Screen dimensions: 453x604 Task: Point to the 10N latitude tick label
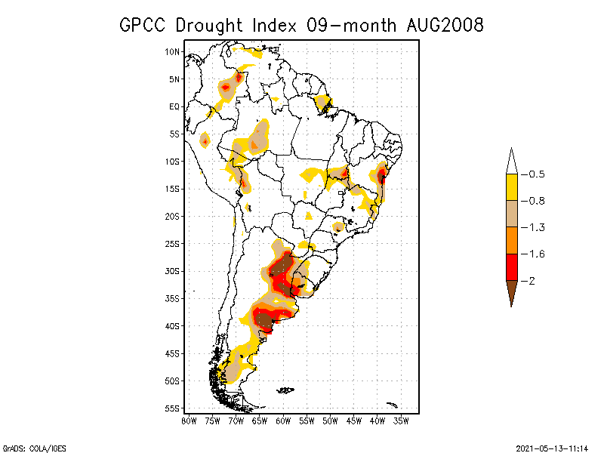pyautogui.click(x=172, y=51)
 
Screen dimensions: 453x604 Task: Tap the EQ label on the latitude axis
pyautogui.click(x=174, y=106)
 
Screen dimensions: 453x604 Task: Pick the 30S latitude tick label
pyautogui.click(x=172, y=271)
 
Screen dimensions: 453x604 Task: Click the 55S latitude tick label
pyautogui.click(x=172, y=408)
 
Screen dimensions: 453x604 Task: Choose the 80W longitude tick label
pyautogui.click(x=189, y=420)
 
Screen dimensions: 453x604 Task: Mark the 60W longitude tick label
pyautogui.click(x=283, y=420)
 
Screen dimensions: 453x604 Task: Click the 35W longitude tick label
pyautogui.click(x=401, y=420)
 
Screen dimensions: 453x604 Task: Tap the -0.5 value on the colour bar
pyautogui.click(x=537, y=174)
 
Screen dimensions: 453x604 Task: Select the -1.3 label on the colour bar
pyautogui.click(x=537, y=227)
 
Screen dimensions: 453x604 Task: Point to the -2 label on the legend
pyautogui.click(x=532, y=281)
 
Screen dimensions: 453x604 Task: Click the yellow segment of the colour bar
pyautogui.click(x=511, y=187)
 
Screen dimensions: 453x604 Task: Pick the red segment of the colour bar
pyautogui.click(x=511, y=267)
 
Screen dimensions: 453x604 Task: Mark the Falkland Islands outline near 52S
pyautogui.click(x=285, y=390)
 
